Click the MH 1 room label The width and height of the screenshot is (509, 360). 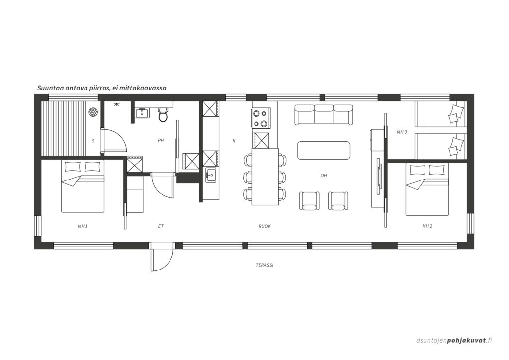[83, 226]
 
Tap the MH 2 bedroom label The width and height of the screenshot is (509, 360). [427, 226]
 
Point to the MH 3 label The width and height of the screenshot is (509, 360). [402, 132]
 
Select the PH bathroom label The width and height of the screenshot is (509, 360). [161, 141]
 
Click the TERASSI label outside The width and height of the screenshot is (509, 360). [265, 265]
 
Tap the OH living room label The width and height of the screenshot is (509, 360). [324, 176]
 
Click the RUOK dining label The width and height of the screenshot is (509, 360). [265, 226]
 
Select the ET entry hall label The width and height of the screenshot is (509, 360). [161, 226]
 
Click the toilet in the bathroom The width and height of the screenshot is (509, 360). [163, 114]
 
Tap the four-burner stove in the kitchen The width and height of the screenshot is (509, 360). [261, 118]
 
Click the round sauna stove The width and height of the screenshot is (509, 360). [93, 112]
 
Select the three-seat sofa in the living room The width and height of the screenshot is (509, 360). [323, 115]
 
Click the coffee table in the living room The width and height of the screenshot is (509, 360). [324, 150]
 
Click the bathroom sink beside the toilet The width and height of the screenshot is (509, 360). [142, 113]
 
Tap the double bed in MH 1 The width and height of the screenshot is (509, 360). [83, 186]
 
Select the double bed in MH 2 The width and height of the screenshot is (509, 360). [427, 189]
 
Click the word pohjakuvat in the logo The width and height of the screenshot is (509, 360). [466, 341]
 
